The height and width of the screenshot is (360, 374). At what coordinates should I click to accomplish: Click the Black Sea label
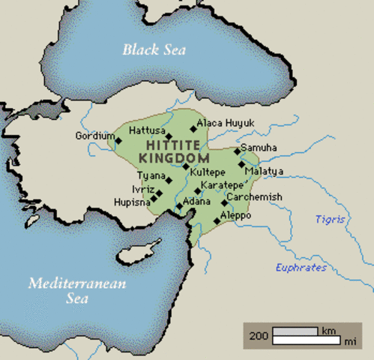tap(154, 49)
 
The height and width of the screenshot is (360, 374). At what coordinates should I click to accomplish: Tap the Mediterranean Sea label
tap(77, 290)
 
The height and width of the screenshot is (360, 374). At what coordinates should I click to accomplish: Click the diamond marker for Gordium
tap(118, 140)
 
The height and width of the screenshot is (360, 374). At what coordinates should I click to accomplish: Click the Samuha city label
tap(256, 148)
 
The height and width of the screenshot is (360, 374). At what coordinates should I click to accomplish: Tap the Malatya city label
tap(263, 172)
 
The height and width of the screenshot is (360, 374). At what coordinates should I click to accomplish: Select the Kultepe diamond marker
tap(186, 166)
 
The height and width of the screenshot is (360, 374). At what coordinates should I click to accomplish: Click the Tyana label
tap(146, 175)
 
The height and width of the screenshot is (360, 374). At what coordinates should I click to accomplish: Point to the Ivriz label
tap(142, 189)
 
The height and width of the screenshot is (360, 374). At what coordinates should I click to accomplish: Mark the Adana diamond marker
tap(178, 205)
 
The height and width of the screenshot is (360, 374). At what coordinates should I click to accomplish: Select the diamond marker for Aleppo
tap(217, 220)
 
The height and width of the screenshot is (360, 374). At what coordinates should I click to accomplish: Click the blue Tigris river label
tap(330, 219)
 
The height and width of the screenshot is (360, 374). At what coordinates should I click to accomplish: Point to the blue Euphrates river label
tap(301, 267)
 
